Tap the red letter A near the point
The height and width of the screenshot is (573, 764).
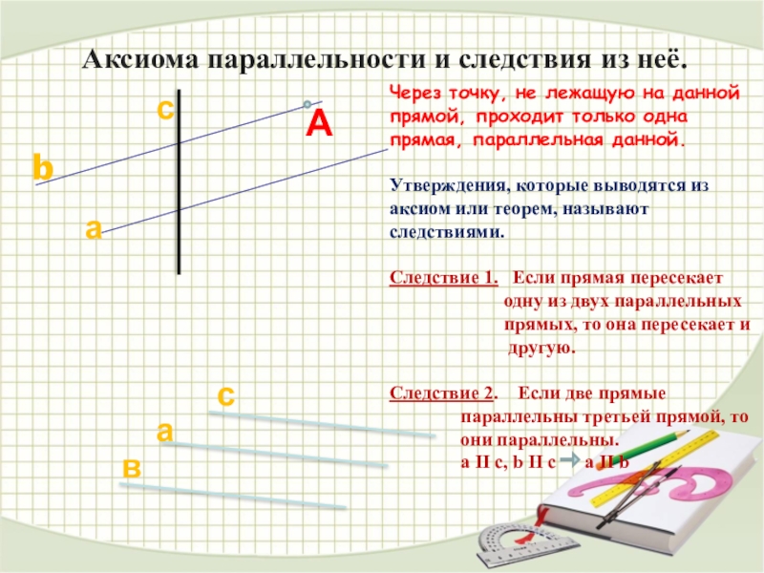[318, 124]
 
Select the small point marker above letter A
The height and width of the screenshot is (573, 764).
[307, 103]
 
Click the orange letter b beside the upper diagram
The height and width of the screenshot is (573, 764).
[42, 167]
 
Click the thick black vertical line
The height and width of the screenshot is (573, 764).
[179, 181]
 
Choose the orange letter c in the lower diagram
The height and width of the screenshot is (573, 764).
[226, 393]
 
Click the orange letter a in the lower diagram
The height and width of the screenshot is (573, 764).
[165, 431]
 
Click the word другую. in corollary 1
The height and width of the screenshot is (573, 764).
[541, 349]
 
